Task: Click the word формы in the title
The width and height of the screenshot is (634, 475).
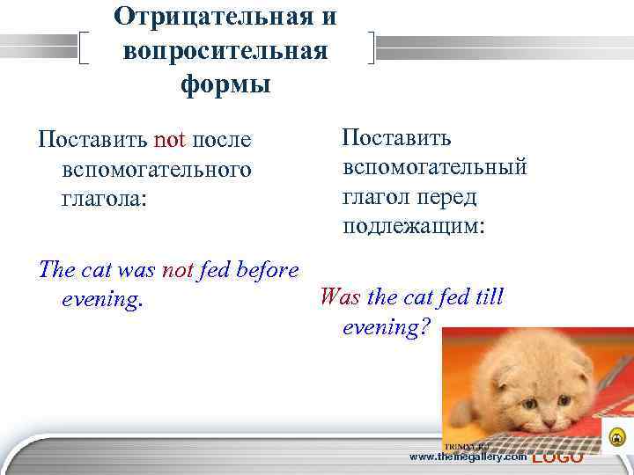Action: point(225,85)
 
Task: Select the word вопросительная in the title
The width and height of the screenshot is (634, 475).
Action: point(225,50)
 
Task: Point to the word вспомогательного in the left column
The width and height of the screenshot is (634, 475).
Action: point(157,168)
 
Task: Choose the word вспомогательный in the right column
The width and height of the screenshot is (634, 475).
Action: point(435,168)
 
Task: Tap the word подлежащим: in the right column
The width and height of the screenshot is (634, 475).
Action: point(414,226)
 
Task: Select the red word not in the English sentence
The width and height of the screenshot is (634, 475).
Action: point(178,271)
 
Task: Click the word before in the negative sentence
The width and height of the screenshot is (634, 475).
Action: point(264,271)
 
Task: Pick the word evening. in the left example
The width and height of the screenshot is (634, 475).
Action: point(102,300)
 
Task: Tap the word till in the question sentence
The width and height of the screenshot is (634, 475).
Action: point(484,297)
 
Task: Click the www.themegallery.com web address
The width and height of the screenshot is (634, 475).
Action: point(469,457)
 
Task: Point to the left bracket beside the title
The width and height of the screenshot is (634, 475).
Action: point(85,48)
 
